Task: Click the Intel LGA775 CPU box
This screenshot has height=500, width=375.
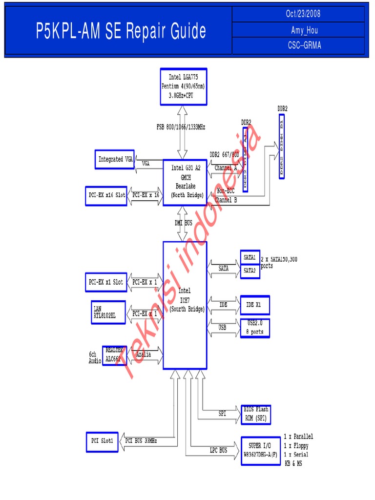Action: point(183,86)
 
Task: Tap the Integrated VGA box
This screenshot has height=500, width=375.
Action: point(114,159)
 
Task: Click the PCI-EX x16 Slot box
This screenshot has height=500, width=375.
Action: point(105,195)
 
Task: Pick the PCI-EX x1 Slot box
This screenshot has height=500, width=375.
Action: point(105,282)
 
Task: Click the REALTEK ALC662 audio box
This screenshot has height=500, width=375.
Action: point(114,355)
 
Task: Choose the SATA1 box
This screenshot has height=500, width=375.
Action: point(250,257)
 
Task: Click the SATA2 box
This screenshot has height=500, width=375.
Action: point(250,271)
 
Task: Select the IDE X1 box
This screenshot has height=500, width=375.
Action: point(254,305)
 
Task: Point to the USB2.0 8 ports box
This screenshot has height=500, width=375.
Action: point(254,328)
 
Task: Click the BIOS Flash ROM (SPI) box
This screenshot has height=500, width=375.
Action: point(255,414)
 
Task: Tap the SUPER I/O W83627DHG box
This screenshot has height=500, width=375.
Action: point(261,450)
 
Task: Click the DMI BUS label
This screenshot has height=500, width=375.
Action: point(184,223)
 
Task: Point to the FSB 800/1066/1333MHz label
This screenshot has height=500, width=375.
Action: point(181,127)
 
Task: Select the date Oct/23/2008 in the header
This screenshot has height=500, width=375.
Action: point(303,14)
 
